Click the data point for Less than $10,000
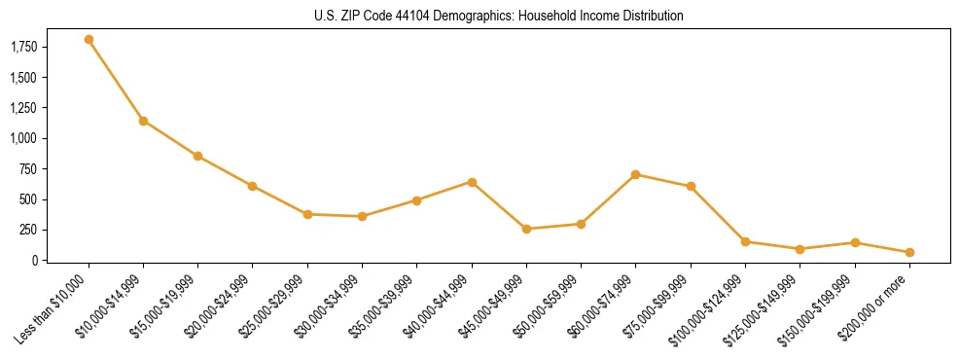point(89,40)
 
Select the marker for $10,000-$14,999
point(143,121)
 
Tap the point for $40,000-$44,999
point(472,182)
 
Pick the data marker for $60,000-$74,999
point(636,174)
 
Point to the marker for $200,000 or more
point(909,252)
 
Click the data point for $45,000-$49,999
point(526,229)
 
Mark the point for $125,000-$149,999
point(800,249)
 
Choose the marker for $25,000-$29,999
point(307,214)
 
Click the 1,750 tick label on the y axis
point(23,47)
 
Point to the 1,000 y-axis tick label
point(23,138)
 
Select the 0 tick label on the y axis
point(35,261)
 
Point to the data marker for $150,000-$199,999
point(855,242)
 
